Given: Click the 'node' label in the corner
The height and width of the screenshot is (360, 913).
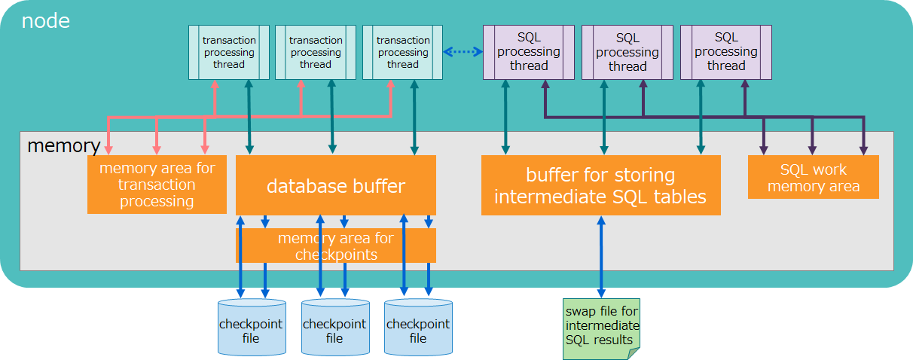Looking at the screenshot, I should (45, 20).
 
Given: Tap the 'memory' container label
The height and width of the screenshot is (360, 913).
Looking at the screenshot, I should (63, 145).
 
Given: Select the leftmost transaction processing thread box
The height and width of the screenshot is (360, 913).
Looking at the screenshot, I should (228, 52).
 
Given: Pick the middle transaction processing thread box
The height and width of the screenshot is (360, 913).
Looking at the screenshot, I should (315, 52).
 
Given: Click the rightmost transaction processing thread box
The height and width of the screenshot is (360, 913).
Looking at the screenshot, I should (402, 52).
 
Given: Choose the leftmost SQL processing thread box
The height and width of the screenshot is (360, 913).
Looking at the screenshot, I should (528, 52).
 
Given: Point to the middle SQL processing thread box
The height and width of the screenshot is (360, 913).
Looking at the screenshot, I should (627, 52).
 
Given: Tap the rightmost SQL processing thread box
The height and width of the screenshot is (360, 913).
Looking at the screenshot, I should (725, 52).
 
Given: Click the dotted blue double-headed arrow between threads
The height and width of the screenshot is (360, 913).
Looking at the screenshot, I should (463, 52).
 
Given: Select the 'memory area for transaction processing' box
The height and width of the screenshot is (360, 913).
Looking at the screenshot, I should (157, 185).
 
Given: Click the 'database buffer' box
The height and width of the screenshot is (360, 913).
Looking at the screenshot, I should (336, 185).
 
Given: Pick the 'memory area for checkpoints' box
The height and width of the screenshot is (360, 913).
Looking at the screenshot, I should (336, 246).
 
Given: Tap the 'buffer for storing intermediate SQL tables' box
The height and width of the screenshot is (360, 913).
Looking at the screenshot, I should (600, 185).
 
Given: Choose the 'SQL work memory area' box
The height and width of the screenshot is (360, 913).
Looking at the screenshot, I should (813, 177).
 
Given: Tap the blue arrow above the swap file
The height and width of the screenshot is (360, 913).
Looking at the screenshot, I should (601, 256).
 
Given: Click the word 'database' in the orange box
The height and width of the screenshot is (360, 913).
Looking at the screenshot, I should (301, 185).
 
